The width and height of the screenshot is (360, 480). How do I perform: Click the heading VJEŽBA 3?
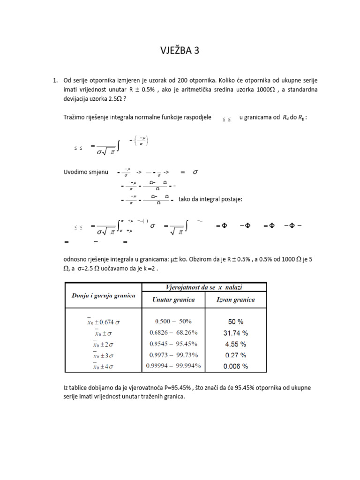click(180, 51)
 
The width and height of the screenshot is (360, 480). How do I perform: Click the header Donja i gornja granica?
click(103, 295)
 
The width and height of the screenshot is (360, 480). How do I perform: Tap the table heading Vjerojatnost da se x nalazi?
click(203, 286)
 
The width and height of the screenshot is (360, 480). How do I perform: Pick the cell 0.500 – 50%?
click(173, 322)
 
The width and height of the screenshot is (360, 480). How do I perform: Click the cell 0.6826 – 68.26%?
click(173, 333)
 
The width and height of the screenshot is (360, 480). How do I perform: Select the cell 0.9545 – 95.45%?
click(173, 344)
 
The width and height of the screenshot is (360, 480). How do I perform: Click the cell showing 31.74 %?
click(235, 333)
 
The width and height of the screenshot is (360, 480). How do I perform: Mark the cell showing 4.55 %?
click(235, 344)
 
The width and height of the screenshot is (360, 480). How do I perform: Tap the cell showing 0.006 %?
click(235, 366)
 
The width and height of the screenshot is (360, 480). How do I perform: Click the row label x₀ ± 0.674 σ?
click(104, 322)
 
